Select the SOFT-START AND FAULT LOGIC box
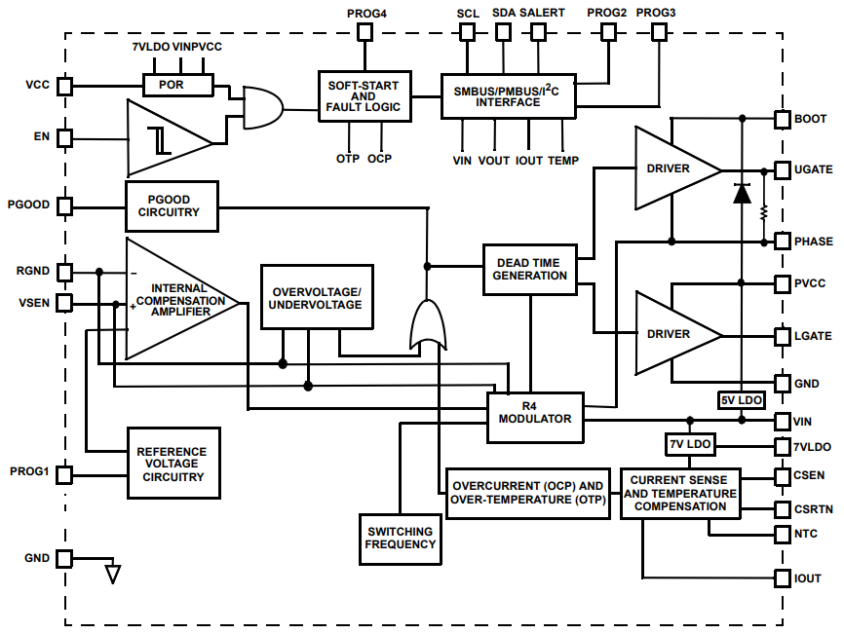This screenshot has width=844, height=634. (x=364, y=96)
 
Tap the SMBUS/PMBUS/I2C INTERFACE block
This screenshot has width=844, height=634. (x=509, y=95)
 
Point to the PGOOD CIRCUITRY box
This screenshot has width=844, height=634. (x=172, y=205)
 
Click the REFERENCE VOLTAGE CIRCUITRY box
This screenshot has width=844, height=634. (x=172, y=464)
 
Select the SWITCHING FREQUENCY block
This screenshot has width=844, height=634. (x=401, y=538)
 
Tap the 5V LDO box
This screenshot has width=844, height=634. (x=742, y=400)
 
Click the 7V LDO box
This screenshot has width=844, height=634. (x=690, y=444)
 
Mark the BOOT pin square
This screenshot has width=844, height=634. (x=783, y=119)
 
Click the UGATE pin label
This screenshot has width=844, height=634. (x=814, y=169)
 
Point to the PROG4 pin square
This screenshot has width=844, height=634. (x=365, y=32)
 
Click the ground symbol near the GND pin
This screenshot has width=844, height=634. (x=113, y=573)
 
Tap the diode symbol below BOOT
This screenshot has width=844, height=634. (x=742, y=193)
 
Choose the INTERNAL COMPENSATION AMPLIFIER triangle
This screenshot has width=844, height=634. (x=175, y=299)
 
